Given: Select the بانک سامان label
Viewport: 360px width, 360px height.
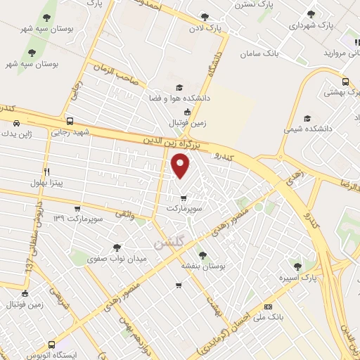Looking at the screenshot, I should click(x=259, y=53).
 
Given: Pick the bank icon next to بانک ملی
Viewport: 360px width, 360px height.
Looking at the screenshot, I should click(x=268, y=307).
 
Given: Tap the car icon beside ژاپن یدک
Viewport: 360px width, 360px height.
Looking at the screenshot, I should click(x=15, y=122).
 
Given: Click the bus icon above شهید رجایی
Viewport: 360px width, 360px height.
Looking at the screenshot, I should click(x=69, y=121).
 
